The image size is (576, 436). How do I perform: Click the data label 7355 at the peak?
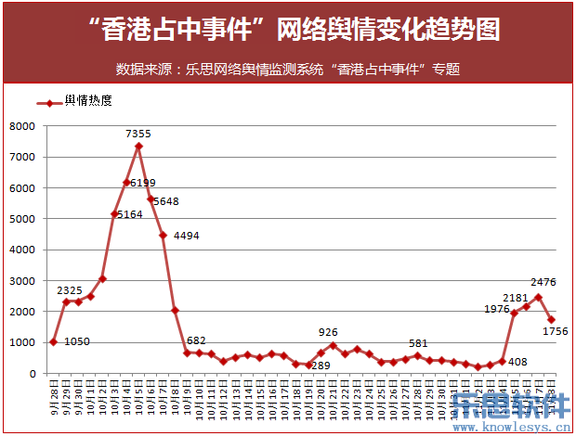point(138,135)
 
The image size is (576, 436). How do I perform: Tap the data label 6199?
point(143,183)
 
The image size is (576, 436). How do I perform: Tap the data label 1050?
point(77,341)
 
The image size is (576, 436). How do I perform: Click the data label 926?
point(328,331)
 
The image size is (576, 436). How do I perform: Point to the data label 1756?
point(556,331)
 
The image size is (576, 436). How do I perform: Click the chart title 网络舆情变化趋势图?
point(288,30)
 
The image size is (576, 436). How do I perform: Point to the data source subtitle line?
point(288,69)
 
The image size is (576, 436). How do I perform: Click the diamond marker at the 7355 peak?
point(138,146)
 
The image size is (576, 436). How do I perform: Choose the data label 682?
point(196,341)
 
